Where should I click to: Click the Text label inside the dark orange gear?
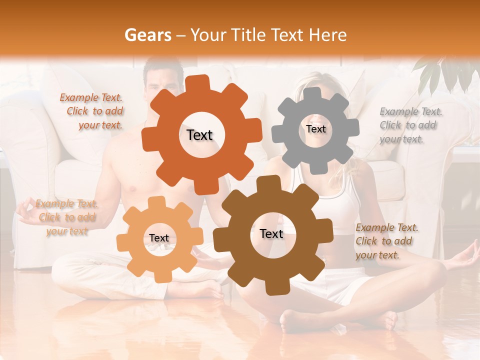[x=199, y=135]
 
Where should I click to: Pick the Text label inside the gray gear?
[x=315, y=129]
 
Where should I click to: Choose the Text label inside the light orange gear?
[x=159, y=238]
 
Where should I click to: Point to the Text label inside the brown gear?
[x=271, y=234]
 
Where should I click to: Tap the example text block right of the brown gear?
[x=384, y=241]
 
